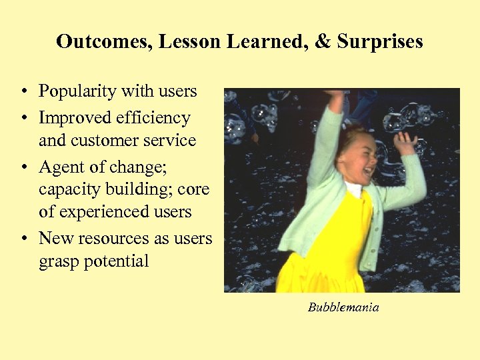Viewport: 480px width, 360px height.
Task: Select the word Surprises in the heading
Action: [x=380, y=42]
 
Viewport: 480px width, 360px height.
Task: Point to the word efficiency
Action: [x=153, y=118]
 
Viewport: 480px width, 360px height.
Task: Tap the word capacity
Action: [x=68, y=190]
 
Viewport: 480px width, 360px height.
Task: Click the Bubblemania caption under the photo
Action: [x=343, y=307]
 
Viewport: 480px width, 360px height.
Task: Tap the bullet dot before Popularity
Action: [x=23, y=91]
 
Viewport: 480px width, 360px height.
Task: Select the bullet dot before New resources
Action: [x=23, y=238]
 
